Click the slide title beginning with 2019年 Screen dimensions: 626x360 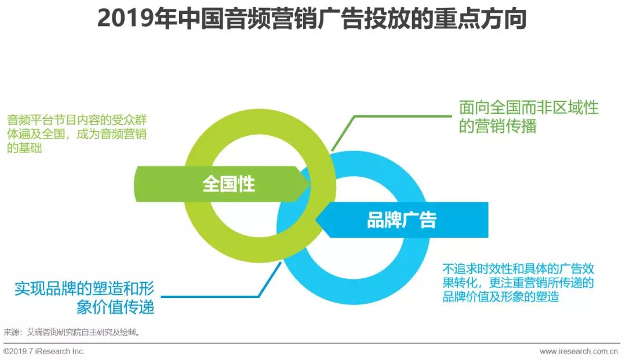(312, 19)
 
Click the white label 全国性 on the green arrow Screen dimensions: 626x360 (228, 184)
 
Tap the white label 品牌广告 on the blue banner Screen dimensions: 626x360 (402, 220)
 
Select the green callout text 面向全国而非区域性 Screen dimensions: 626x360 (529, 108)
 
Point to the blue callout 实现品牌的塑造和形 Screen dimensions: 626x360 (84, 289)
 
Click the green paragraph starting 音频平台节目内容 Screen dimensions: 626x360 (77, 134)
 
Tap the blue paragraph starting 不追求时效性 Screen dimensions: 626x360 (518, 282)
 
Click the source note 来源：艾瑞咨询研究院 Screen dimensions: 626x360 (72, 332)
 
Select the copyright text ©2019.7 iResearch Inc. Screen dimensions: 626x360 (44, 351)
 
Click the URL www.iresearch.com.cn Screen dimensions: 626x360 (579, 351)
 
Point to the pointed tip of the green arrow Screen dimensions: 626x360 (310, 184)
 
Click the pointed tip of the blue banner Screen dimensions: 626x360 (316, 220)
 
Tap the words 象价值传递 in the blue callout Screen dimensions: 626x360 (115, 307)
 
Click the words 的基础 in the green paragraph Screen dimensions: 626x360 (24, 148)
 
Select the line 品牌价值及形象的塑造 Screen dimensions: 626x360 (501, 297)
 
